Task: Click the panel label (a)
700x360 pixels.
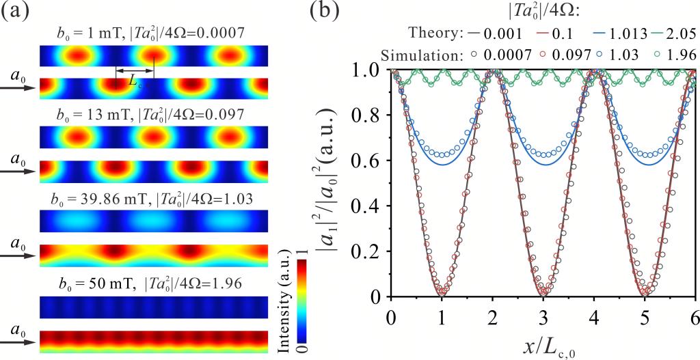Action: (x=17, y=12)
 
